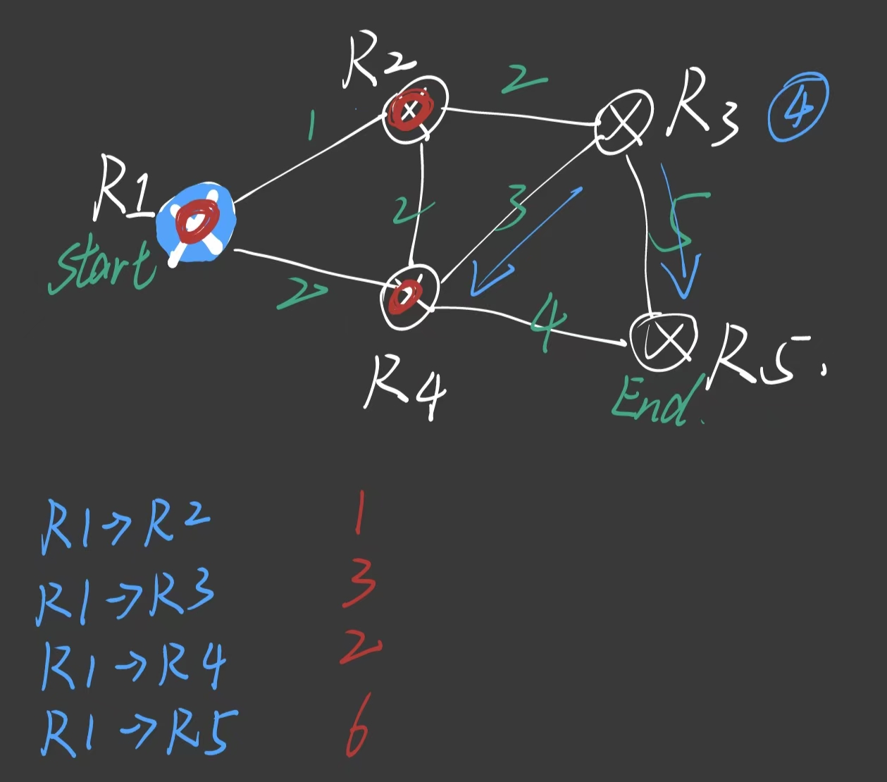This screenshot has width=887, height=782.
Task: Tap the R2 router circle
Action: tap(414, 109)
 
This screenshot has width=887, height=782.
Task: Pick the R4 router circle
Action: tap(409, 296)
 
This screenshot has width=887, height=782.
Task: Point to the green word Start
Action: tap(102, 268)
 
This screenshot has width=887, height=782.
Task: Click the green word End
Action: tap(652, 402)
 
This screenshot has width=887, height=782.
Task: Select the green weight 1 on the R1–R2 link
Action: tap(311, 125)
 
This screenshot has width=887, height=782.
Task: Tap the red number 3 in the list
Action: tap(359, 588)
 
